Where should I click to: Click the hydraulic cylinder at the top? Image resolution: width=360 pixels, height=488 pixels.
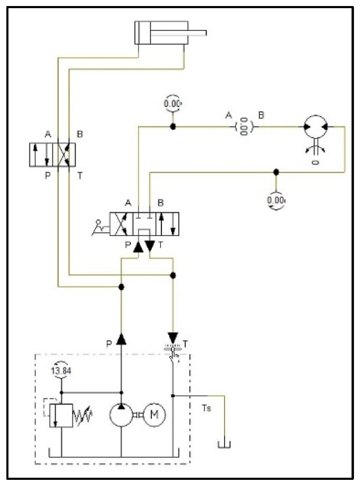[x=161, y=33]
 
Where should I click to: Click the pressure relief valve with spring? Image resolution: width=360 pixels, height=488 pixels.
[x=61, y=415]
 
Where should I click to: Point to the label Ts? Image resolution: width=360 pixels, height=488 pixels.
[x=206, y=408]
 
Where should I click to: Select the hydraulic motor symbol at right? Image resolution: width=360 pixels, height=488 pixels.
[x=315, y=127]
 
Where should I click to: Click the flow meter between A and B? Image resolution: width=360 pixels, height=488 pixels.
[x=244, y=127]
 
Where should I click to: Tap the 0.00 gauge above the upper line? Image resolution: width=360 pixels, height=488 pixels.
[x=172, y=104]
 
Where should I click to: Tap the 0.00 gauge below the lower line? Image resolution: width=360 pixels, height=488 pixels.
[x=276, y=200]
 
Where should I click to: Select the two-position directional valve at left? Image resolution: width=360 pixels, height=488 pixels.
[x=52, y=155]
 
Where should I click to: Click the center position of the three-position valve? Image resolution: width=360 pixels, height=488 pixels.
[x=144, y=224]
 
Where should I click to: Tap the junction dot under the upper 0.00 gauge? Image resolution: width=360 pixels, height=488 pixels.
[x=173, y=127]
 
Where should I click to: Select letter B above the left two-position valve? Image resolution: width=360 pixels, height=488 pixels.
[x=80, y=134]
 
